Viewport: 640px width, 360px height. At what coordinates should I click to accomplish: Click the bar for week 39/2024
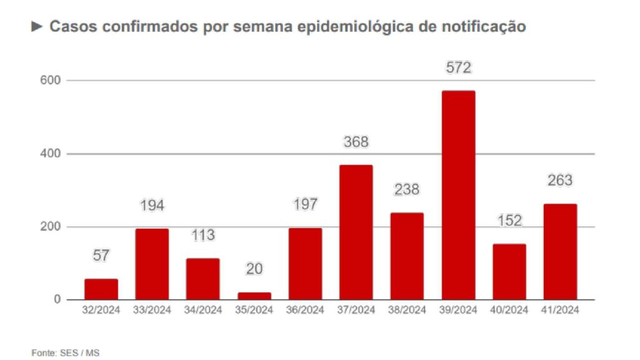click(x=458, y=195)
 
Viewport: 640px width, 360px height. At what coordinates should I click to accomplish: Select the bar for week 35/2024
click(x=254, y=296)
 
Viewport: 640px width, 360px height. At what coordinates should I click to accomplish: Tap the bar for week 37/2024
click(x=356, y=232)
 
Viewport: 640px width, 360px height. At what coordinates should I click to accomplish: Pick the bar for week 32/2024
click(x=101, y=289)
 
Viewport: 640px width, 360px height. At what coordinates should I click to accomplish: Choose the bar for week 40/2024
click(x=509, y=271)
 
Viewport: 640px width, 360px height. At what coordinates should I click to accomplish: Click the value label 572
click(x=458, y=68)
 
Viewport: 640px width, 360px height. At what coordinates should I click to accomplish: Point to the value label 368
click(x=356, y=142)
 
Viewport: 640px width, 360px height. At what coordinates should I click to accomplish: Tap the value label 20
click(x=254, y=269)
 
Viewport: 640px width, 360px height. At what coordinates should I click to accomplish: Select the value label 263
click(x=560, y=181)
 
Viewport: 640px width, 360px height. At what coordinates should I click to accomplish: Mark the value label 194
click(x=152, y=206)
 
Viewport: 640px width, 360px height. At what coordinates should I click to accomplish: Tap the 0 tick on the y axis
click(x=57, y=300)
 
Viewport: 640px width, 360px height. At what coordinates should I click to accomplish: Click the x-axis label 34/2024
click(x=203, y=311)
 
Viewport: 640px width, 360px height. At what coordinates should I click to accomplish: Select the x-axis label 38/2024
click(x=407, y=311)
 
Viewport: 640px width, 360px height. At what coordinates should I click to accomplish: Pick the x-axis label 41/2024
click(x=560, y=311)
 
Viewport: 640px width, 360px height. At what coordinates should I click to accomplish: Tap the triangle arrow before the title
click(x=37, y=27)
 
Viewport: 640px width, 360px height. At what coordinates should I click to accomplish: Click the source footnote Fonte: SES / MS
click(x=66, y=353)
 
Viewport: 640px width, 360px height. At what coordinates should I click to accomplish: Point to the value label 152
click(x=509, y=221)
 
